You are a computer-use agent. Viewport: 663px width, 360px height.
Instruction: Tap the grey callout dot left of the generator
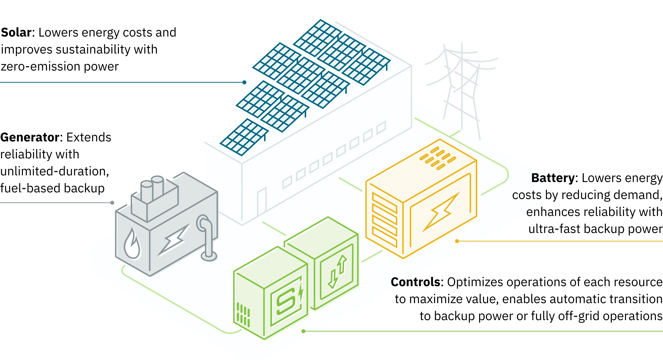(x=112, y=203)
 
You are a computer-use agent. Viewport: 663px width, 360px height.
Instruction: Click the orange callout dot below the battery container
(x=457, y=241)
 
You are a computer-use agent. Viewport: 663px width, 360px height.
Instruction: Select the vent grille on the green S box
(x=243, y=315)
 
